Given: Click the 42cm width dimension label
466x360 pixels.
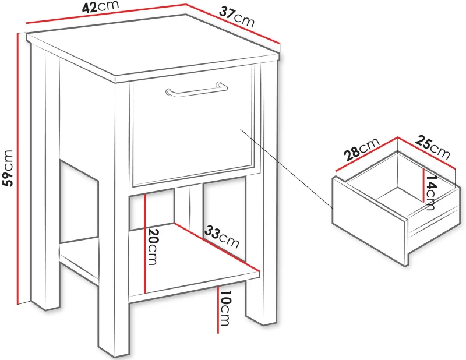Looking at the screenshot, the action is [x=100, y=6].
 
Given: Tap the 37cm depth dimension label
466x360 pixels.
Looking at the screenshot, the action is [x=237, y=17].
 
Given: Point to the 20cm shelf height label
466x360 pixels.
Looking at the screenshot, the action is [x=151, y=246].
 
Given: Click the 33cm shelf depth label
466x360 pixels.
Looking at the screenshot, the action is [x=222, y=237].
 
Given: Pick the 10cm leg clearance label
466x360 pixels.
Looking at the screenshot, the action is [x=225, y=308].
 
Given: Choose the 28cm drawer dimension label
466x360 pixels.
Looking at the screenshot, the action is [x=362, y=149].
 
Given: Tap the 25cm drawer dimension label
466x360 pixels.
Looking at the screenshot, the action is [x=432, y=147].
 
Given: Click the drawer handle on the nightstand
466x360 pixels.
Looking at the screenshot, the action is [x=196, y=89].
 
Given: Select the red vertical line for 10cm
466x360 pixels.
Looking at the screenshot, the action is [x=218, y=309].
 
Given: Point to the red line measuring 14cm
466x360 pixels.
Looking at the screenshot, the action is [x=423, y=185].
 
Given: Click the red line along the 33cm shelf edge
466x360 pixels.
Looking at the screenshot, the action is [x=217, y=248].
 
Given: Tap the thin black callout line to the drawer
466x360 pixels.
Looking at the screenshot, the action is [x=286, y=168].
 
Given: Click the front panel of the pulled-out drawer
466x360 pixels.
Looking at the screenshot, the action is [x=369, y=221].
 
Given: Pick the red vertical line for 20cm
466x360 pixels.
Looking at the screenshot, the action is [x=144, y=243].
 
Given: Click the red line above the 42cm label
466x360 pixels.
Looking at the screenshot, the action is [x=106, y=13].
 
